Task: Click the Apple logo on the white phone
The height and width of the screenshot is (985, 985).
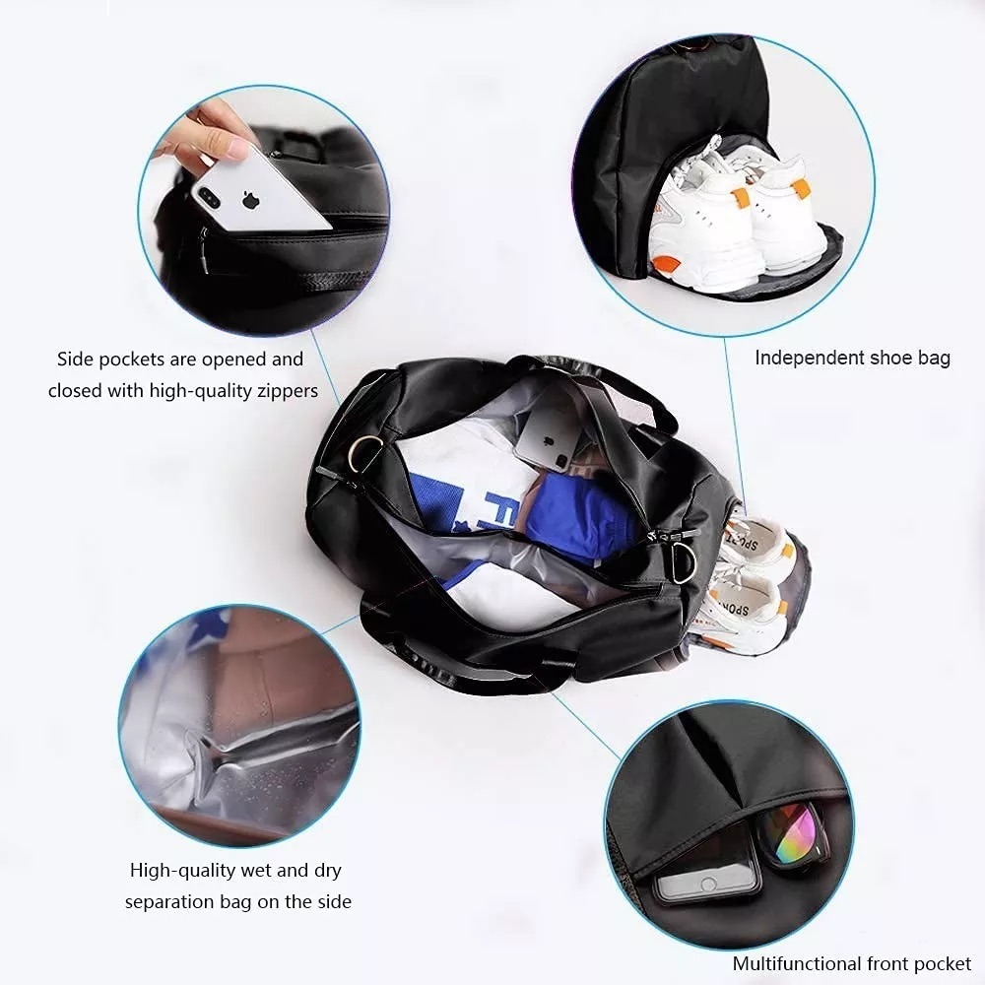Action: pyautogui.click(x=250, y=200)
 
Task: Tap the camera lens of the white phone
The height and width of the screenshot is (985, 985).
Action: pyautogui.click(x=207, y=194)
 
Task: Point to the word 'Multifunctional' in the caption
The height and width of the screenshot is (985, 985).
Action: pyautogui.click(x=796, y=964)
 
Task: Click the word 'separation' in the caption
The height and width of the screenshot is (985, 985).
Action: pyautogui.click(x=168, y=901)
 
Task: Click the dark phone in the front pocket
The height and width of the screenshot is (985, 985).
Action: pyautogui.click(x=707, y=864)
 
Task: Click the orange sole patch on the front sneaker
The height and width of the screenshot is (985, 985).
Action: pyautogui.click(x=667, y=264)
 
